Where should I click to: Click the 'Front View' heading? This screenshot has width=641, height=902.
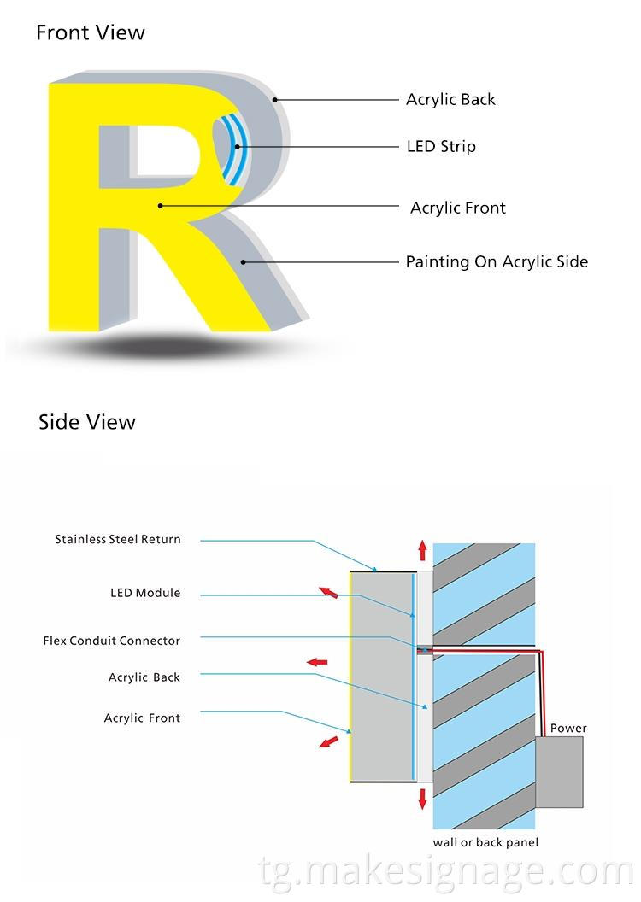coord(90,33)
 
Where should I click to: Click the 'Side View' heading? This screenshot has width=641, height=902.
coord(86,422)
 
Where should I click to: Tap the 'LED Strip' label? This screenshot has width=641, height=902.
coord(441,147)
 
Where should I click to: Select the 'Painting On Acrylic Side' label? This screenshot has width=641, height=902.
coord(497,262)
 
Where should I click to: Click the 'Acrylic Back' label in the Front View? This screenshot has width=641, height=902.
coord(450,100)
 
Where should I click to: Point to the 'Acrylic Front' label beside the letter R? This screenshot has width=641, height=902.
coord(457,208)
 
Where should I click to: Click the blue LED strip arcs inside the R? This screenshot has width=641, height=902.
coord(230,149)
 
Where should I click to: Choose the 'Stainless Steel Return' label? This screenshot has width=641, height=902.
coord(118,540)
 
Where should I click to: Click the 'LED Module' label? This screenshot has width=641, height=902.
coord(145,593)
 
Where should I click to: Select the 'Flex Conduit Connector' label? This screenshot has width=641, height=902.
coord(112,641)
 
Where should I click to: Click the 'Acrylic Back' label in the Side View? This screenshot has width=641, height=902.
coord(144,677)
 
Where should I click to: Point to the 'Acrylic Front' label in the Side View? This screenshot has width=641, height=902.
coord(142,718)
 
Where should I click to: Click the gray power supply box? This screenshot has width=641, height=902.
coord(559,772)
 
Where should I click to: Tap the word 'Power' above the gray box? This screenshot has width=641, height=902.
coord(568,729)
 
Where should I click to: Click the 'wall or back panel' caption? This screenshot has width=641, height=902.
coord(485,843)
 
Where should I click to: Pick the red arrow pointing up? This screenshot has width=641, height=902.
coord(422,549)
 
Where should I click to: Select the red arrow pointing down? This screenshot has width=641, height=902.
coord(422,799)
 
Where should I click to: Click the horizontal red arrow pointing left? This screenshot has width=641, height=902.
coord(317,662)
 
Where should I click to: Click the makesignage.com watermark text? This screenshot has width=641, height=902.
coord(444,873)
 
